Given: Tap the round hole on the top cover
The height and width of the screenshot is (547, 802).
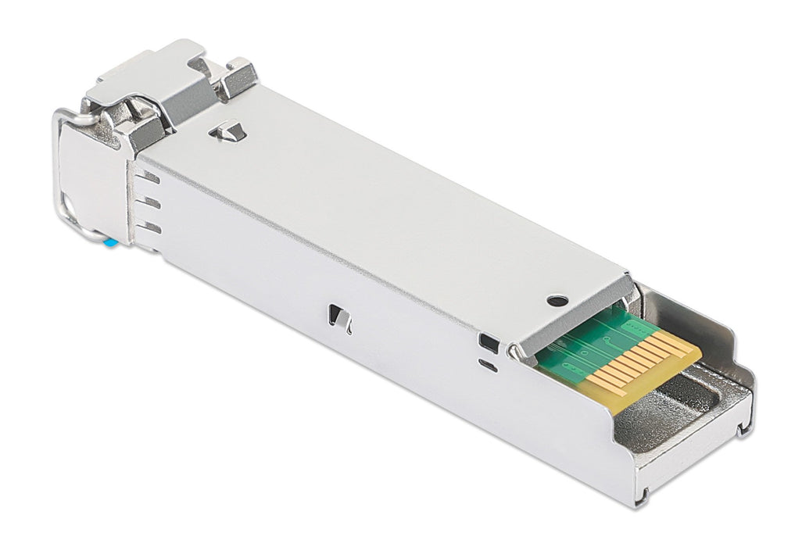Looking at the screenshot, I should [557, 300].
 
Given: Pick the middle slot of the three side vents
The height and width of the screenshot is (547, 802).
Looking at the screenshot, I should [152, 203].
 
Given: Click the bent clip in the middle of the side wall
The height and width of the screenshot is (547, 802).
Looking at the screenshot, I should [339, 316].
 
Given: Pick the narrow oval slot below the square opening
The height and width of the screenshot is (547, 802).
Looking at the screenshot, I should [487, 365].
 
